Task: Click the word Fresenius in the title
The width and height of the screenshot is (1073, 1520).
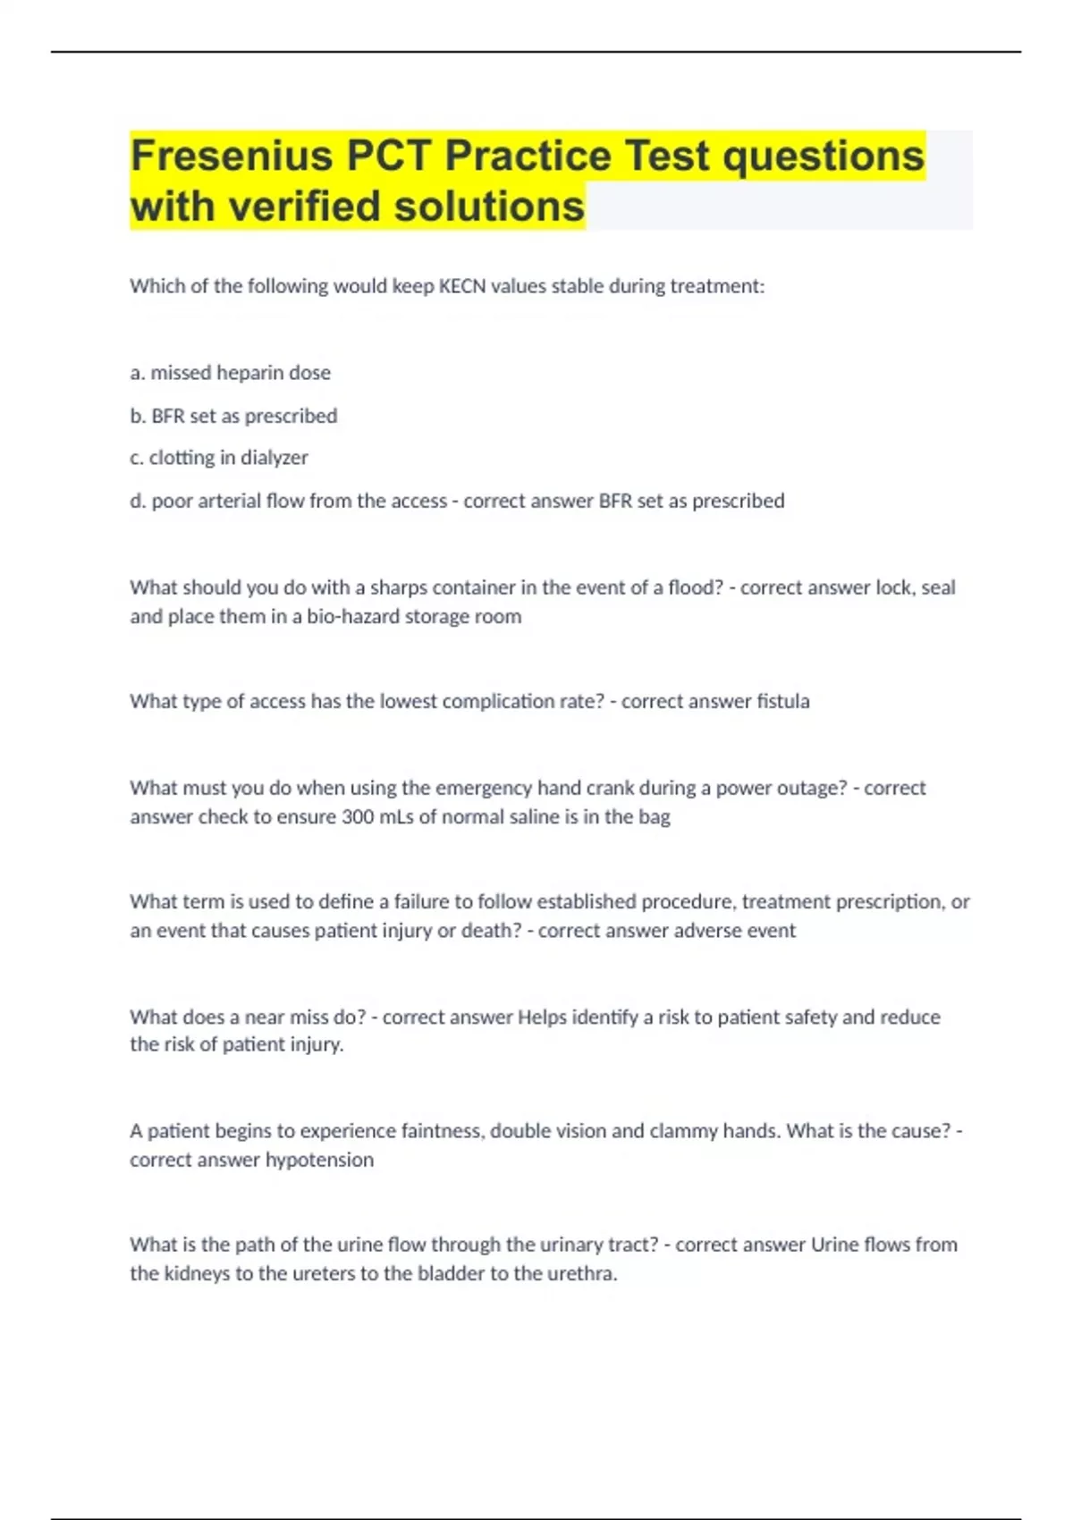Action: (x=232, y=156)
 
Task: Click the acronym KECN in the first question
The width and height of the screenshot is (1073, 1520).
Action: (x=461, y=286)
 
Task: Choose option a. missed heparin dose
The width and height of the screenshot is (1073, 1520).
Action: (x=231, y=373)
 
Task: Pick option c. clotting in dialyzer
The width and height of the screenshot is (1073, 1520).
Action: (x=219, y=458)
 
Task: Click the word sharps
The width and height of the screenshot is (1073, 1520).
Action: (x=398, y=587)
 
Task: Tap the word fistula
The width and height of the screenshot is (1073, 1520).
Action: (x=782, y=702)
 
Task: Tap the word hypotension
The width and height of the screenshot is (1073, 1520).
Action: (x=319, y=1161)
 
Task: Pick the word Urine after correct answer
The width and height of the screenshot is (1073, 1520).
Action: (x=834, y=1245)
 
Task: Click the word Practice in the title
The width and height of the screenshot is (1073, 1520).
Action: (x=528, y=156)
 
